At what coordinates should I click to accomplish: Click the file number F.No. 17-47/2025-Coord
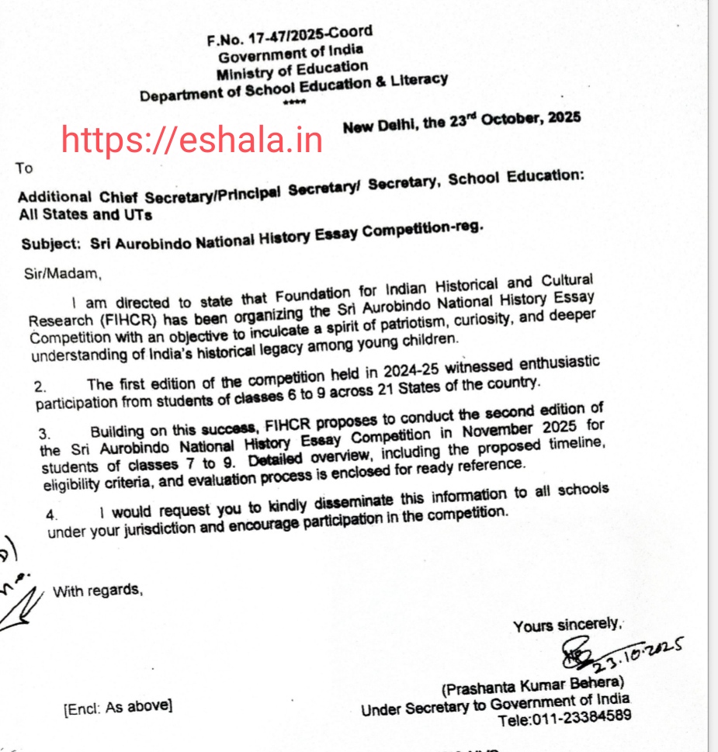(x=290, y=36)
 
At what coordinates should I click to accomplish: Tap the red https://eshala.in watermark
(x=192, y=140)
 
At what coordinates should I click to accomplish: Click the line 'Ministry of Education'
(x=292, y=71)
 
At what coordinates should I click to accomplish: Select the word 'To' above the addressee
(x=24, y=168)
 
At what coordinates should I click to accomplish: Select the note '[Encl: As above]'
(x=118, y=707)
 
